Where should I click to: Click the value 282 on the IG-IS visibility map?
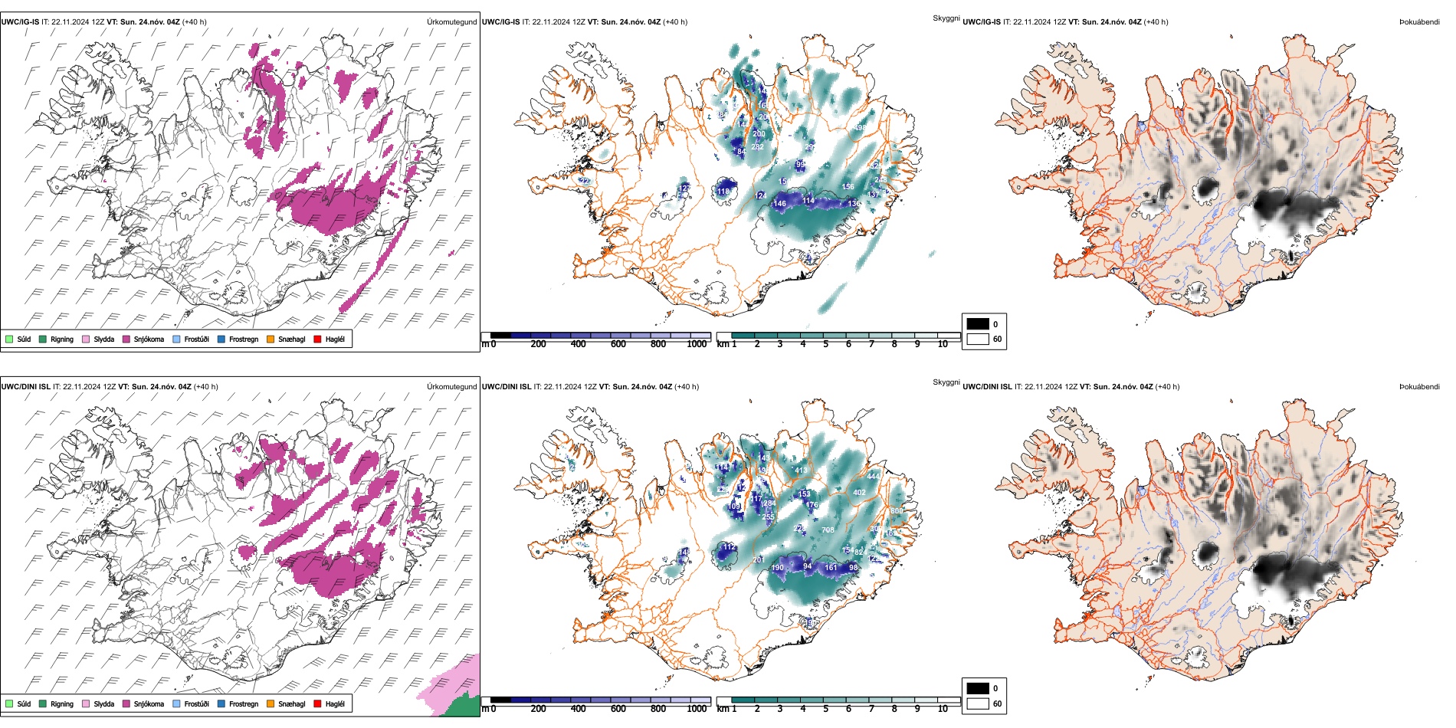point(757,147)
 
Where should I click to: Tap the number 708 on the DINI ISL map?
point(828,530)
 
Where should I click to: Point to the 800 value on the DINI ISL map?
point(896,511)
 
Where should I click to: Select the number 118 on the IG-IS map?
point(723,192)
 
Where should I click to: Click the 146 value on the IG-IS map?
point(779,204)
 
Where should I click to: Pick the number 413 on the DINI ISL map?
point(801,471)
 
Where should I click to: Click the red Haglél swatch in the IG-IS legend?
point(317,339)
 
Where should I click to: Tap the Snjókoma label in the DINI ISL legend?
point(149,703)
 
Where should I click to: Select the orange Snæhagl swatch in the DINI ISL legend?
point(271,703)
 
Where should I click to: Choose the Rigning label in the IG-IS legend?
point(62,339)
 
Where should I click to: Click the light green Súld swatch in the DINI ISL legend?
point(9,703)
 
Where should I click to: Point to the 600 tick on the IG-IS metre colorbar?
point(618,344)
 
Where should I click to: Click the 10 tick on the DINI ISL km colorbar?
point(943,709)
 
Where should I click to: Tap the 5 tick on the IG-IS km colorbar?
point(825,344)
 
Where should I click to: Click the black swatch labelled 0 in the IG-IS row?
point(978,324)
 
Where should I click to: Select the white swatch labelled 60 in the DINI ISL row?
point(978,703)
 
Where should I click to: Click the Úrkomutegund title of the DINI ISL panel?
point(451,386)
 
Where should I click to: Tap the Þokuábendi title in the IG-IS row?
point(1419,21)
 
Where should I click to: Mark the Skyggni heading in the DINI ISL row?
point(946,382)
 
